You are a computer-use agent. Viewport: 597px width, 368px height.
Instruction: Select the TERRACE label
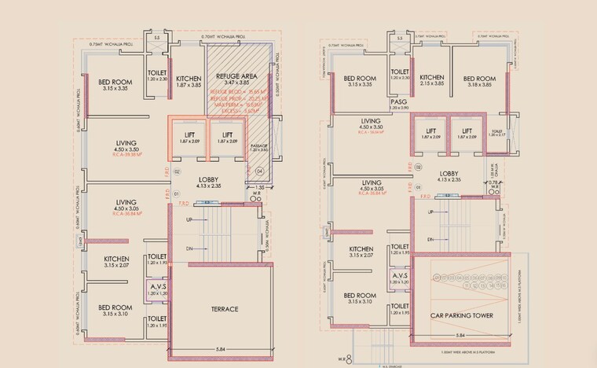(x=219, y=309)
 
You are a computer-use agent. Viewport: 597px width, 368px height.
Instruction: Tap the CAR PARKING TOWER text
(x=460, y=315)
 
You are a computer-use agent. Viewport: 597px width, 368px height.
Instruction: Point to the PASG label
(x=398, y=101)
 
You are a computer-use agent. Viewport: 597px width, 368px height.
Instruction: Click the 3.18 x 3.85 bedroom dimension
(x=478, y=84)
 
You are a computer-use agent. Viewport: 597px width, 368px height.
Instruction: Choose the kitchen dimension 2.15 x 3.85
(x=433, y=83)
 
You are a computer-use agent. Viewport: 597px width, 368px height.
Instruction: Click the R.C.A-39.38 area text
(x=126, y=155)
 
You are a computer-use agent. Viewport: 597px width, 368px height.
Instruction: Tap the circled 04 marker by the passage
(x=261, y=171)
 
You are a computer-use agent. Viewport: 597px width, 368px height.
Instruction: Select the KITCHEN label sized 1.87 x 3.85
(x=189, y=79)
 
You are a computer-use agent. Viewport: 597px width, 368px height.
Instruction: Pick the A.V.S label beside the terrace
(x=158, y=289)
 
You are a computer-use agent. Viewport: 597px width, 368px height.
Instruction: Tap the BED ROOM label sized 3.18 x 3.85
(x=478, y=79)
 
